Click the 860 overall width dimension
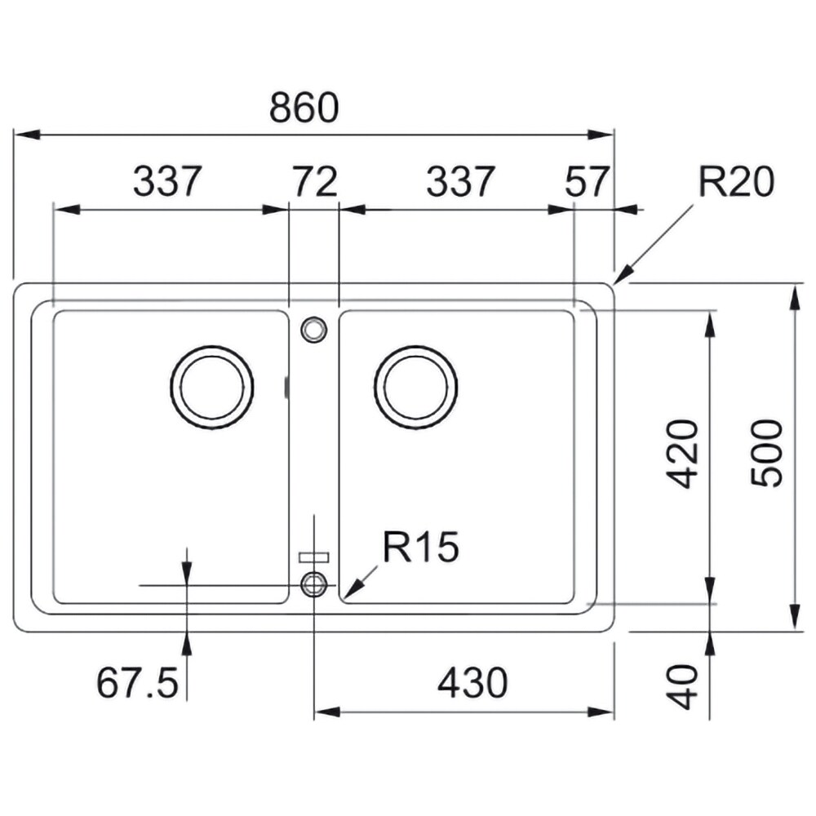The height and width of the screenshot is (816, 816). pyautogui.click(x=304, y=108)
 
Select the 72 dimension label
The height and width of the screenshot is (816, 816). pyautogui.click(x=315, y=182)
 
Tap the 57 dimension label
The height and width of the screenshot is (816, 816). pyautogui.click(x=587, y=182)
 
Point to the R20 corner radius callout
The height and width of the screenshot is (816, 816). pyautogui.click(x=736, y=182)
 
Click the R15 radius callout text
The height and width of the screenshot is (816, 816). pyautogui.click(x=420, y=547)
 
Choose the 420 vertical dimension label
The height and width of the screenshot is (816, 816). pyautogui.click(x=682, y=454)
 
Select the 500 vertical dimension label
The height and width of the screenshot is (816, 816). pyautogui.click(x=766, y=454)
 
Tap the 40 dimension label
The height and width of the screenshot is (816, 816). pyautogui.click(x=682, y=687)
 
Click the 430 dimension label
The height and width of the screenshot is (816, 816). pyautogui.click(x=472, y=683)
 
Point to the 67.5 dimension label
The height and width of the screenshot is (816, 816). pyautogui.click(x=137, y=683)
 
